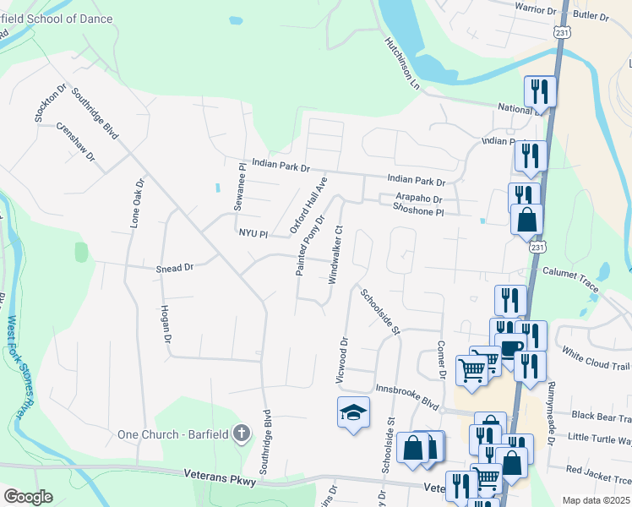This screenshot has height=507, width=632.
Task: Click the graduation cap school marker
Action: (x=354, y=412)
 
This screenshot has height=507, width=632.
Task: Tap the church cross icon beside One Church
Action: (x=241, y=434)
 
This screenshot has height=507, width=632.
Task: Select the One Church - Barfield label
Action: (x=172, y=434)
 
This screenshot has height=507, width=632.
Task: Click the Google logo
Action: (x=29, y=496)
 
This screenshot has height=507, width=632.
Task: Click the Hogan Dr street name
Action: (x=166, y=324)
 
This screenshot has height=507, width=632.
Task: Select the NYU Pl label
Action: (x=253, y=233)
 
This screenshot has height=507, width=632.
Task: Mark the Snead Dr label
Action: (x=175, y=267)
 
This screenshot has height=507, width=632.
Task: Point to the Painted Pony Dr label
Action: (x=309, y=245)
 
